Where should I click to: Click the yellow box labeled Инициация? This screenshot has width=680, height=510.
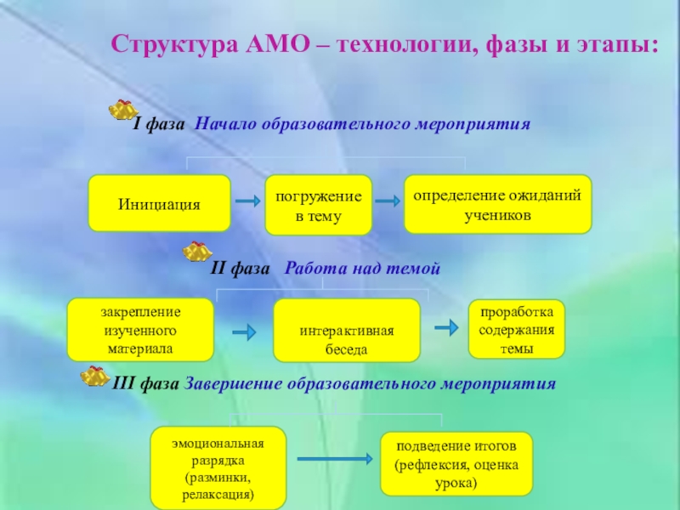pos(159,204)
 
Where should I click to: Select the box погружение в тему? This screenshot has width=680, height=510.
pos(318,206)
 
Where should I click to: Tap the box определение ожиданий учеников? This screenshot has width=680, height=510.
pos(497,205)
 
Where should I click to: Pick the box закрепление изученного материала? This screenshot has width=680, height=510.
pos(140,329)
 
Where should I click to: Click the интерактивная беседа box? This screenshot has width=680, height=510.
pos(346,331)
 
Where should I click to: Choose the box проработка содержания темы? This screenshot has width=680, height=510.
pos(516,328)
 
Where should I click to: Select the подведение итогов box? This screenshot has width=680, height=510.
pos(456,463)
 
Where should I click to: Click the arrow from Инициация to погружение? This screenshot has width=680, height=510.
pos(246,201)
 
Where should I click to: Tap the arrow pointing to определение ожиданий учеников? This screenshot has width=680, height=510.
pos(387,201)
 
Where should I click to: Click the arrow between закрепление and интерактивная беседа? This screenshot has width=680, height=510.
pos(244,331)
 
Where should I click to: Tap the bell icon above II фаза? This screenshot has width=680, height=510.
pos(198,251)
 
